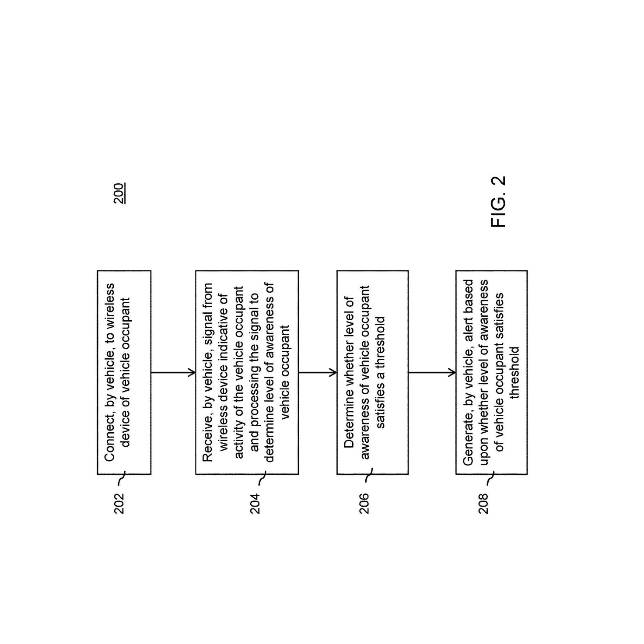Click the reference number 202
119,504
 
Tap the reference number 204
255,504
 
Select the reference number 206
364,504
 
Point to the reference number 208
483,504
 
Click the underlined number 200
119,193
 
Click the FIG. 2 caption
498,202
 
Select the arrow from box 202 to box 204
173,372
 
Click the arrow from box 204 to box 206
318,372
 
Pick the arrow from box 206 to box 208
432,372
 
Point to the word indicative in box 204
224,353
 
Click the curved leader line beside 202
122,478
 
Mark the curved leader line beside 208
491,478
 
